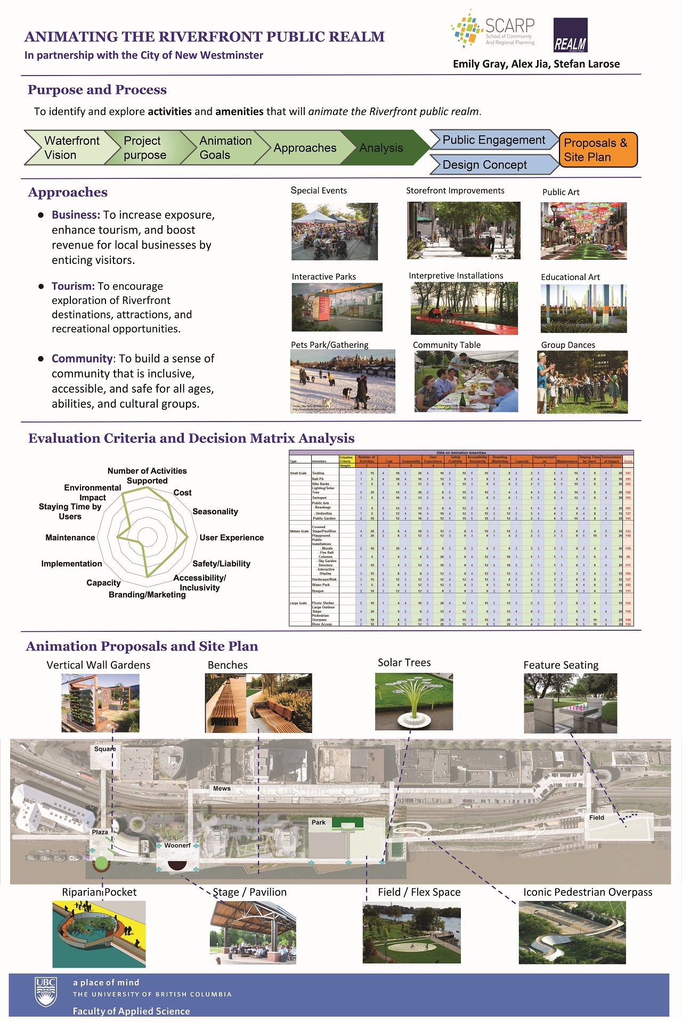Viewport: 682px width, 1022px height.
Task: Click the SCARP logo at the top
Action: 492,30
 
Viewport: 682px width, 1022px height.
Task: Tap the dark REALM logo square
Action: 570,35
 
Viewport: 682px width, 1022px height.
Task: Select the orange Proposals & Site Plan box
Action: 598,150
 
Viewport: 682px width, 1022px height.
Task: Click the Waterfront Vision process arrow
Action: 67,147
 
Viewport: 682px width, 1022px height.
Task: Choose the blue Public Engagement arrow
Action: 493,140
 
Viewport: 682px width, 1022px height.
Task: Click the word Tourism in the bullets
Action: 73,286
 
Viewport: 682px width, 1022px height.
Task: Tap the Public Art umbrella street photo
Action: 583,231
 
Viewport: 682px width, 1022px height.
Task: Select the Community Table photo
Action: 466,381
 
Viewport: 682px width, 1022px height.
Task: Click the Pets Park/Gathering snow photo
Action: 343,381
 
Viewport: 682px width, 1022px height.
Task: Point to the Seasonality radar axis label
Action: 215,512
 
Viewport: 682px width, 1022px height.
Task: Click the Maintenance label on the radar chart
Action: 70,538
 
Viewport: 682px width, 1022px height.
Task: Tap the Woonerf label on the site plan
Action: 177,845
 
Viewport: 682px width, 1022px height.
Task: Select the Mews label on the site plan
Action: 222,788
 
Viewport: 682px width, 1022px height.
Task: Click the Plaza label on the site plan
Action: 100,832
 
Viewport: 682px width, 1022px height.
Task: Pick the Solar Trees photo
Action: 414,702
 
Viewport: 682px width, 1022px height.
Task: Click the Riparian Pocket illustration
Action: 99,934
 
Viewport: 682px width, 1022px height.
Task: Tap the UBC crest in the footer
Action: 46,992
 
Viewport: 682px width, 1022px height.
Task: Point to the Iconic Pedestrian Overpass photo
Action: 572,933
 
